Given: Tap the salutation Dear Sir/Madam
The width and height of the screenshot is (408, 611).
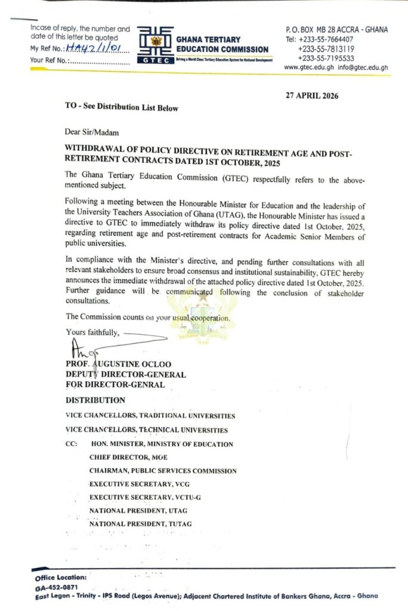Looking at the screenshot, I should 88,132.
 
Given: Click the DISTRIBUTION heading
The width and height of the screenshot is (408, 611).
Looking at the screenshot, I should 95,400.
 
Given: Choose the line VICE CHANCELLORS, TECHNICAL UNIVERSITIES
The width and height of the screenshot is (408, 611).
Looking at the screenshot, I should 147,430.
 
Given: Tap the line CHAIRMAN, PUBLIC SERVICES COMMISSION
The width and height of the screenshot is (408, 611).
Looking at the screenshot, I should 163,471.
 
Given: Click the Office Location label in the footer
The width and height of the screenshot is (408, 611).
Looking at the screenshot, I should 61,578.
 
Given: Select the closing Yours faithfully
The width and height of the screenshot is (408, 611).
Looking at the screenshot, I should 92,332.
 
